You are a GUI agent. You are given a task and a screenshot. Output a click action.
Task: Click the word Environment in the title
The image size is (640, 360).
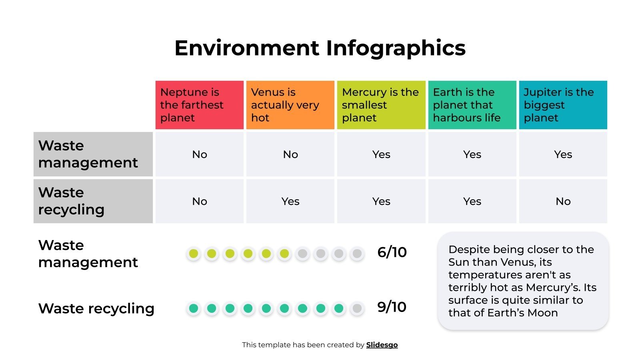247,48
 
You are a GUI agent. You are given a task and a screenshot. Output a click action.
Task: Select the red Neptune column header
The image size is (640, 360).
199,105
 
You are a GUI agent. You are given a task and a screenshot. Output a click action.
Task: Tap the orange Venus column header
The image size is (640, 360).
290,105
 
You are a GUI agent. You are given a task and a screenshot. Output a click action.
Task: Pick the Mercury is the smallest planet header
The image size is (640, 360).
381,105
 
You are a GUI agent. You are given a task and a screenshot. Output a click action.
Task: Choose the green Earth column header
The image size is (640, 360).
472,105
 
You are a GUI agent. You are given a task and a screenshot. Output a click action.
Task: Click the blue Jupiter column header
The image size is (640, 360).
563,105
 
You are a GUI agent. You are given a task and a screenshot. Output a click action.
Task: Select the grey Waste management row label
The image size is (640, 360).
93,154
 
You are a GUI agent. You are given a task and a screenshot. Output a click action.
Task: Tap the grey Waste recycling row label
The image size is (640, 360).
93,201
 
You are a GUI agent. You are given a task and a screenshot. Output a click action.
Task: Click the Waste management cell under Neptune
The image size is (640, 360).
199,154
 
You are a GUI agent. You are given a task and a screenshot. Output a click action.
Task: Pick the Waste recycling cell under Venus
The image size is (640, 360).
290,201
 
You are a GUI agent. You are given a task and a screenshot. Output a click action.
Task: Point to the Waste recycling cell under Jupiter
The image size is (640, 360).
563,201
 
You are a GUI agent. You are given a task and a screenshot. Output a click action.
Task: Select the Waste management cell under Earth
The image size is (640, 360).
472,154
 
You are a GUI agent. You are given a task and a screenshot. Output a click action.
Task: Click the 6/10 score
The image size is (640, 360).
392,252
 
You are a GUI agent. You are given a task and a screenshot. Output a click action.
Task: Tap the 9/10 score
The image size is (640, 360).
392,307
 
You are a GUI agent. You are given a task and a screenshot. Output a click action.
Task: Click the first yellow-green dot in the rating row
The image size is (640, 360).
194,254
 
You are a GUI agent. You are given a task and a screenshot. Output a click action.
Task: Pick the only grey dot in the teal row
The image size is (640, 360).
357,308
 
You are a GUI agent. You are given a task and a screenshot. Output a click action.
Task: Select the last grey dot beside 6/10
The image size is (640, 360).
357,254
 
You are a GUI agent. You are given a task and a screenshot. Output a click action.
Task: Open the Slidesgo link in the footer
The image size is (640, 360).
382,345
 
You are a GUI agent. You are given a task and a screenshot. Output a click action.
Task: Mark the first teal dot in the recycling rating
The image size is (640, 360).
194,308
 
